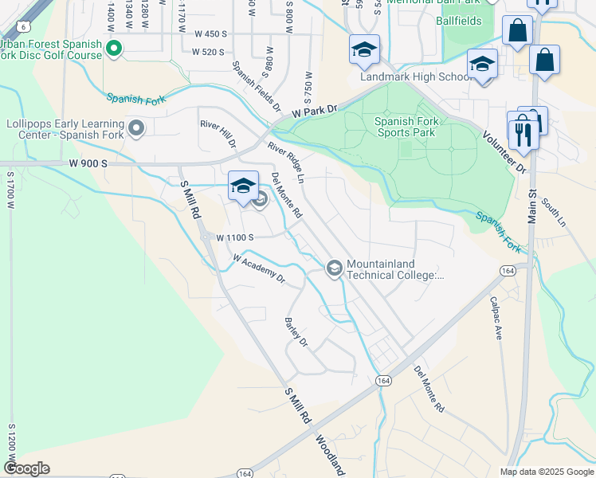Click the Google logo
coord(26,468)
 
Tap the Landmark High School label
coord(418,77)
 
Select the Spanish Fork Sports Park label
coord(406,127)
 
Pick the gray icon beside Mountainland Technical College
coord(335,268)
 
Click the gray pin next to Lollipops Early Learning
coord(137,128)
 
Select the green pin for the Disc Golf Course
coord(113,49)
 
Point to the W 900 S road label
coord(88,163)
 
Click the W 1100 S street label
coord(234,237)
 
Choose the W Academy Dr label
coord(258,268)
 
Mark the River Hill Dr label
coord(218,134)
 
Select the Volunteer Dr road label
coord(504,152)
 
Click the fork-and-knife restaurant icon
coord(523,132)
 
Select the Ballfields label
coord(458,21)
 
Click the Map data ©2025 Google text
coord(546,472)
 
